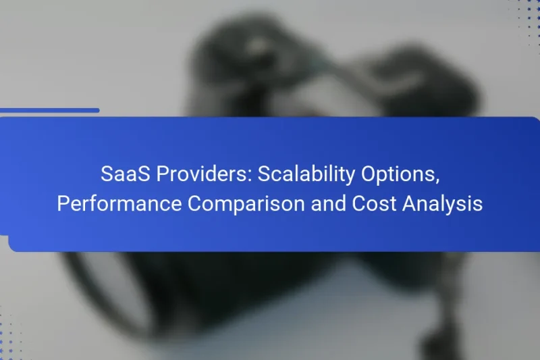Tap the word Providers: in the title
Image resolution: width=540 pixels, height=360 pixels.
click(198, 174)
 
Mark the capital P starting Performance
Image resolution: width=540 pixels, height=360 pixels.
click(63, 203)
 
